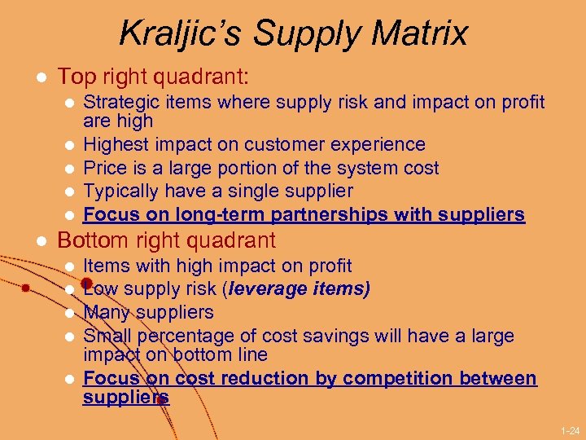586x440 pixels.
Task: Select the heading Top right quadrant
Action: (x=153, y=77)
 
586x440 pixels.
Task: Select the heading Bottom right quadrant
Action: (x=167, y=241)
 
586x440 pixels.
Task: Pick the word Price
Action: (x=104, y=169)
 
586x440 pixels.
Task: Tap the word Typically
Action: (x=122, y=191)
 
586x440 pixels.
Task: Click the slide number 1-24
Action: (x=571, y=429)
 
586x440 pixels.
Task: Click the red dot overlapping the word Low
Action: (x=85, y=284)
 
